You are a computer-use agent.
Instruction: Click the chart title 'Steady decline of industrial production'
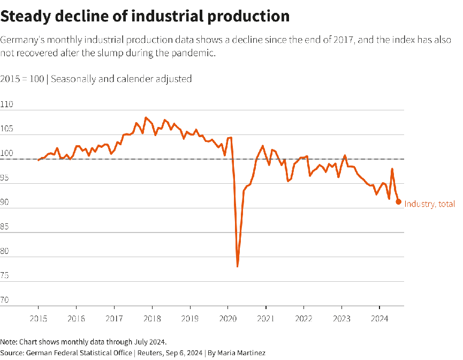145,16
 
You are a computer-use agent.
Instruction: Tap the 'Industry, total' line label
429,204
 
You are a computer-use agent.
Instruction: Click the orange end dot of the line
398,201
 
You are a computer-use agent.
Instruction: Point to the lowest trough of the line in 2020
237,266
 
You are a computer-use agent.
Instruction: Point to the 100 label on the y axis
7,154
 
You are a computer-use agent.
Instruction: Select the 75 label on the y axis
5,276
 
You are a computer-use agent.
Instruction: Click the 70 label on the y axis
5,301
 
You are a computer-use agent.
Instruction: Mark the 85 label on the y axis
5,227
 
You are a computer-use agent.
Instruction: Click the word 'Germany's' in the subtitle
21,41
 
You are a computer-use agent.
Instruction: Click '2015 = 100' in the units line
22,79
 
